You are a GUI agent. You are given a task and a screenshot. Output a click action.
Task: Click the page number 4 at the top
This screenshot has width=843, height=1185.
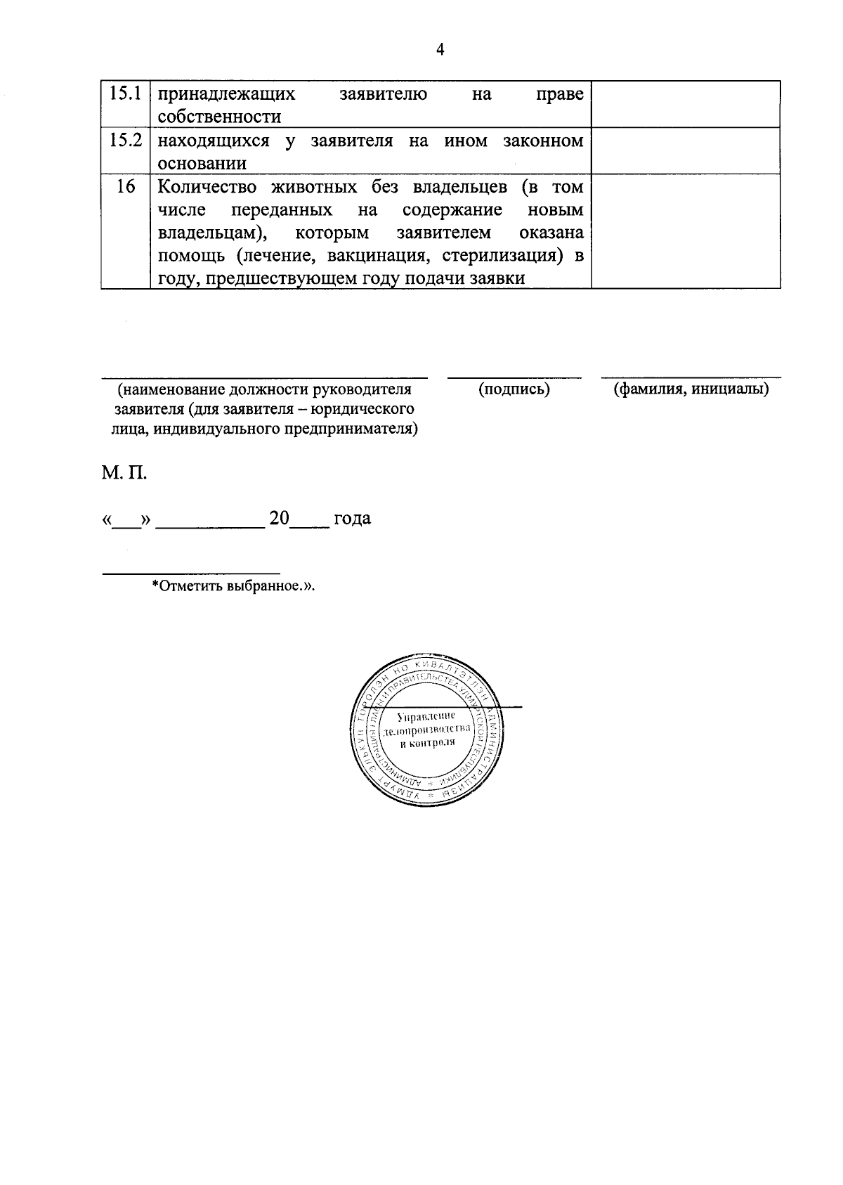[x=440, y=49]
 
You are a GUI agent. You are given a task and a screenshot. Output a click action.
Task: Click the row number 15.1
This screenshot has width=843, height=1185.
[x=126, y=93]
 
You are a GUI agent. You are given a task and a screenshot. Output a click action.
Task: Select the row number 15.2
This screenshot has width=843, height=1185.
[x=126, y=140]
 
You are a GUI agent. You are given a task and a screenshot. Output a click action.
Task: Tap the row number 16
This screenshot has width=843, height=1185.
[x=126, y=187]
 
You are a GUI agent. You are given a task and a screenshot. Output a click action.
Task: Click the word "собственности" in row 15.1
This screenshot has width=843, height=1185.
[x=219, y=117]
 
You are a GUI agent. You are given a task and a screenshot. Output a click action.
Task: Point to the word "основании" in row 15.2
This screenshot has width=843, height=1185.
[x=202, y=164]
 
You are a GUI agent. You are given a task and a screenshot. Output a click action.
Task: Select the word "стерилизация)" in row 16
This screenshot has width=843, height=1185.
[x=503, y=256]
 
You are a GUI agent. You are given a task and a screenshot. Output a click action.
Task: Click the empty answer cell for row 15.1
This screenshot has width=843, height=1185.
[x=686, y=104]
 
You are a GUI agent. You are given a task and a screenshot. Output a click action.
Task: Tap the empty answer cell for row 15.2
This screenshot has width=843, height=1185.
[x=686, y=150]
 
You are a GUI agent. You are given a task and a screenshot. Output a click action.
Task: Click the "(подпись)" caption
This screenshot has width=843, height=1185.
[x=514, y=389]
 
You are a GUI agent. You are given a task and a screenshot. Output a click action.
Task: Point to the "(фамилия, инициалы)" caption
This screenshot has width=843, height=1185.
[x=691, y=389]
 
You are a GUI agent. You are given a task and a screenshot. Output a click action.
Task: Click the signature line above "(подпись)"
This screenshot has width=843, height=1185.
[x=514, y=377]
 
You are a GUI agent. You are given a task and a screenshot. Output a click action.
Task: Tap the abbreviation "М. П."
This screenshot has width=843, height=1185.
[x=124, y=472]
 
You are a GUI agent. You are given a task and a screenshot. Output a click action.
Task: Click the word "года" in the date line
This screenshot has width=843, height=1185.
[x=352, y=519]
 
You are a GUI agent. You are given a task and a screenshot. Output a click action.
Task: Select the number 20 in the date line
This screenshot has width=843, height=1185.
[x=279, y=519]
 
